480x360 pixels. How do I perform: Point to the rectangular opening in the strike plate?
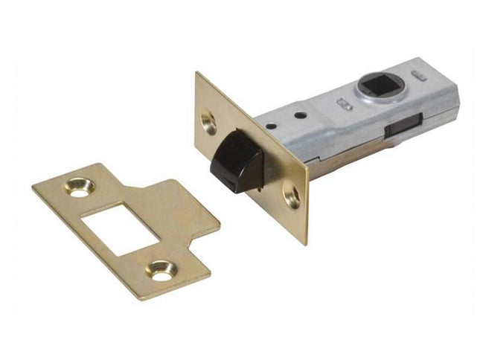(118, 223)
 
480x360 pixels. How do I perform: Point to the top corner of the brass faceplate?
(196, 73)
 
